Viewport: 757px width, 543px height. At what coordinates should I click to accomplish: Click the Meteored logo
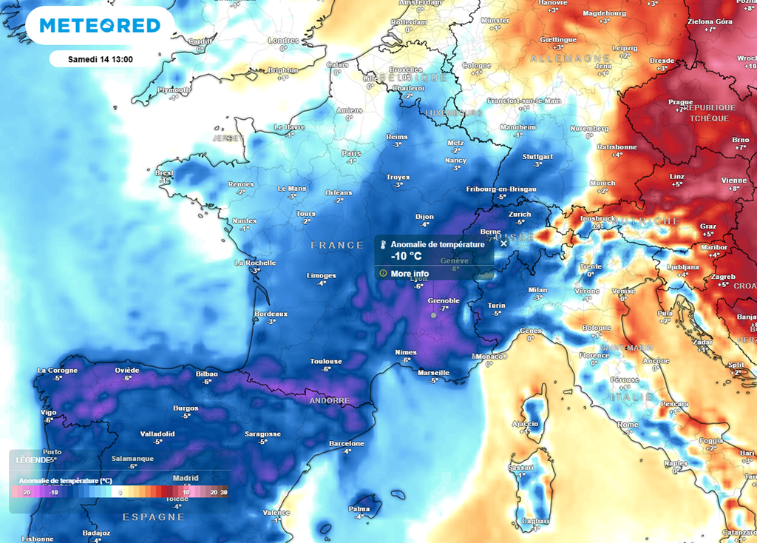100,26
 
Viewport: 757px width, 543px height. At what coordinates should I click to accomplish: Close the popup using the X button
503,243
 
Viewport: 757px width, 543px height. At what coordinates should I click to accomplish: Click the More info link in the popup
410,273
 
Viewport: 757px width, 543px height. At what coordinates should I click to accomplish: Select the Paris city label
351,153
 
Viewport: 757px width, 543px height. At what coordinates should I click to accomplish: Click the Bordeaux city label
271,314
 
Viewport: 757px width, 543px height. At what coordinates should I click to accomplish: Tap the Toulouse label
326,361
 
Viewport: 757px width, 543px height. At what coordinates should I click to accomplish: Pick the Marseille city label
434,372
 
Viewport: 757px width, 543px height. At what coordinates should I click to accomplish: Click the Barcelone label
347,443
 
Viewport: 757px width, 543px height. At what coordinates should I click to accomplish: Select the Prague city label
680,102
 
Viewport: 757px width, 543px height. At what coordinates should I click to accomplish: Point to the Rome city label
628,425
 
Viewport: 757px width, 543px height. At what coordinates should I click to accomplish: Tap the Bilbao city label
206,374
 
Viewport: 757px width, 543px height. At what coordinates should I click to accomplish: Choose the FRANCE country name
337,245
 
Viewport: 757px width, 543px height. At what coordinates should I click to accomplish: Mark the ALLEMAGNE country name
558,57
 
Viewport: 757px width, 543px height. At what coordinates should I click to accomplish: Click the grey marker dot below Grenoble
434,315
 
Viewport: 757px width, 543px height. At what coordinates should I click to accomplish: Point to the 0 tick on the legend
120,492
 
